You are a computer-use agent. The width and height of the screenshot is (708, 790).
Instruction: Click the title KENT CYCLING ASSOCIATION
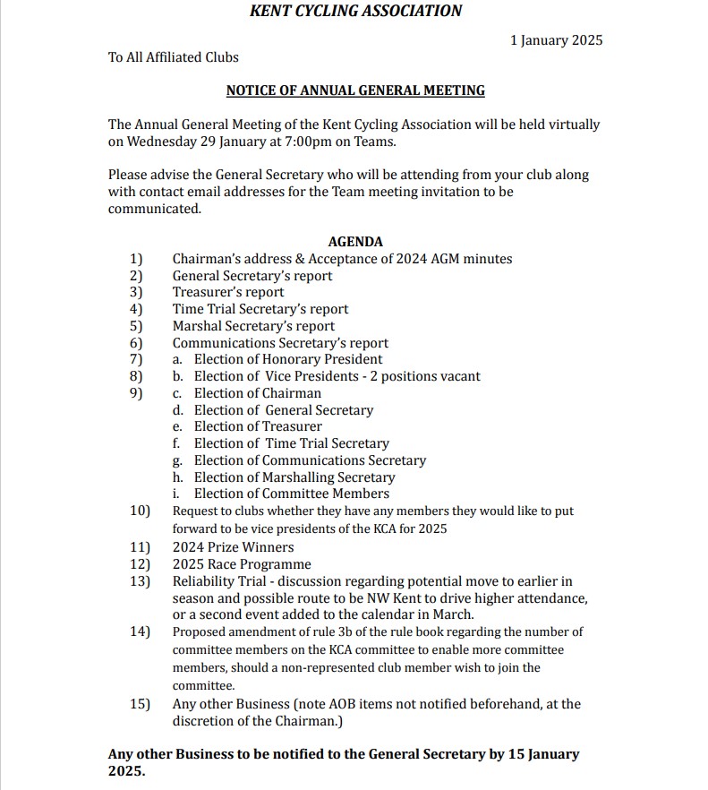(x=355, y=12)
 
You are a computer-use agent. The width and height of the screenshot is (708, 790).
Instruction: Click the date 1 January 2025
(x=556, y=40)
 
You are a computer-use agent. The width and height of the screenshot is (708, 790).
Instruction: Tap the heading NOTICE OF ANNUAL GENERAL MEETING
(x=355, y=90)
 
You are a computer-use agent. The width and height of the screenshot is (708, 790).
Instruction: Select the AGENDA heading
(x=355, y=242)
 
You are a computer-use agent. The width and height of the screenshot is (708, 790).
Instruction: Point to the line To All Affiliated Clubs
(x=174, y=57)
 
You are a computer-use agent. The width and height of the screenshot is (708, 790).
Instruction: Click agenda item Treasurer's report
(x=228, y=292)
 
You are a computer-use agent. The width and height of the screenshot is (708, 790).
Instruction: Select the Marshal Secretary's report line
(x=253, y=326)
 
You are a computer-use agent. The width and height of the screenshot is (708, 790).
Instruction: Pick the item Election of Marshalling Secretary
(x=294, y=477)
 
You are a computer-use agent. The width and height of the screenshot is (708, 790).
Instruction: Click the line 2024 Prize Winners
(x=233, y=547)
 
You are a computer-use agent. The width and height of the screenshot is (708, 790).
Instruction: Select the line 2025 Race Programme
(x=242, y=564)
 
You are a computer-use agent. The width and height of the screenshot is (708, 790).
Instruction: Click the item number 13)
(x=140, y=581)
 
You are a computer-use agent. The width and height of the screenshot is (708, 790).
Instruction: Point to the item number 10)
(x=140, y=511)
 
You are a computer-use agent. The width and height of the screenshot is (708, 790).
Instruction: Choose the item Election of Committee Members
(x=292, y=494)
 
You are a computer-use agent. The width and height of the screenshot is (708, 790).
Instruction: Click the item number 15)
(x=140, y=704)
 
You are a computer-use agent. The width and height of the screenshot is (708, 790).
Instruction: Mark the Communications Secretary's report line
(x=280, y=343)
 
